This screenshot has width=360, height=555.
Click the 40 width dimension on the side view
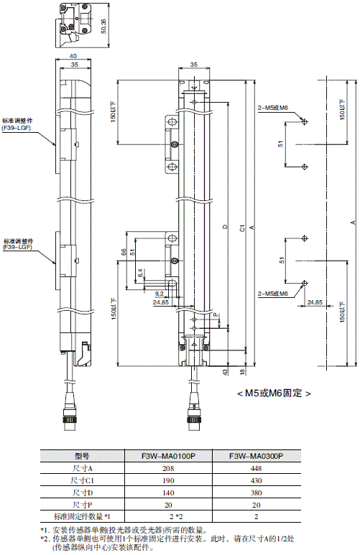click(x=74, y=55)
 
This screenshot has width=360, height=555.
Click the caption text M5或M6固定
click(x=273, y=393)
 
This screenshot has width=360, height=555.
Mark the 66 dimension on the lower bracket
click(x=123, y=252)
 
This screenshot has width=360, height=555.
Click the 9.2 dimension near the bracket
click(x=159, y=293)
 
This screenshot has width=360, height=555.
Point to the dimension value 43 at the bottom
click(x=225, y=371)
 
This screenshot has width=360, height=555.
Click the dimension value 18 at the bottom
click(x=241, y=371)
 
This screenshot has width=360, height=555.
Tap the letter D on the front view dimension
click(x=225, y=228)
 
